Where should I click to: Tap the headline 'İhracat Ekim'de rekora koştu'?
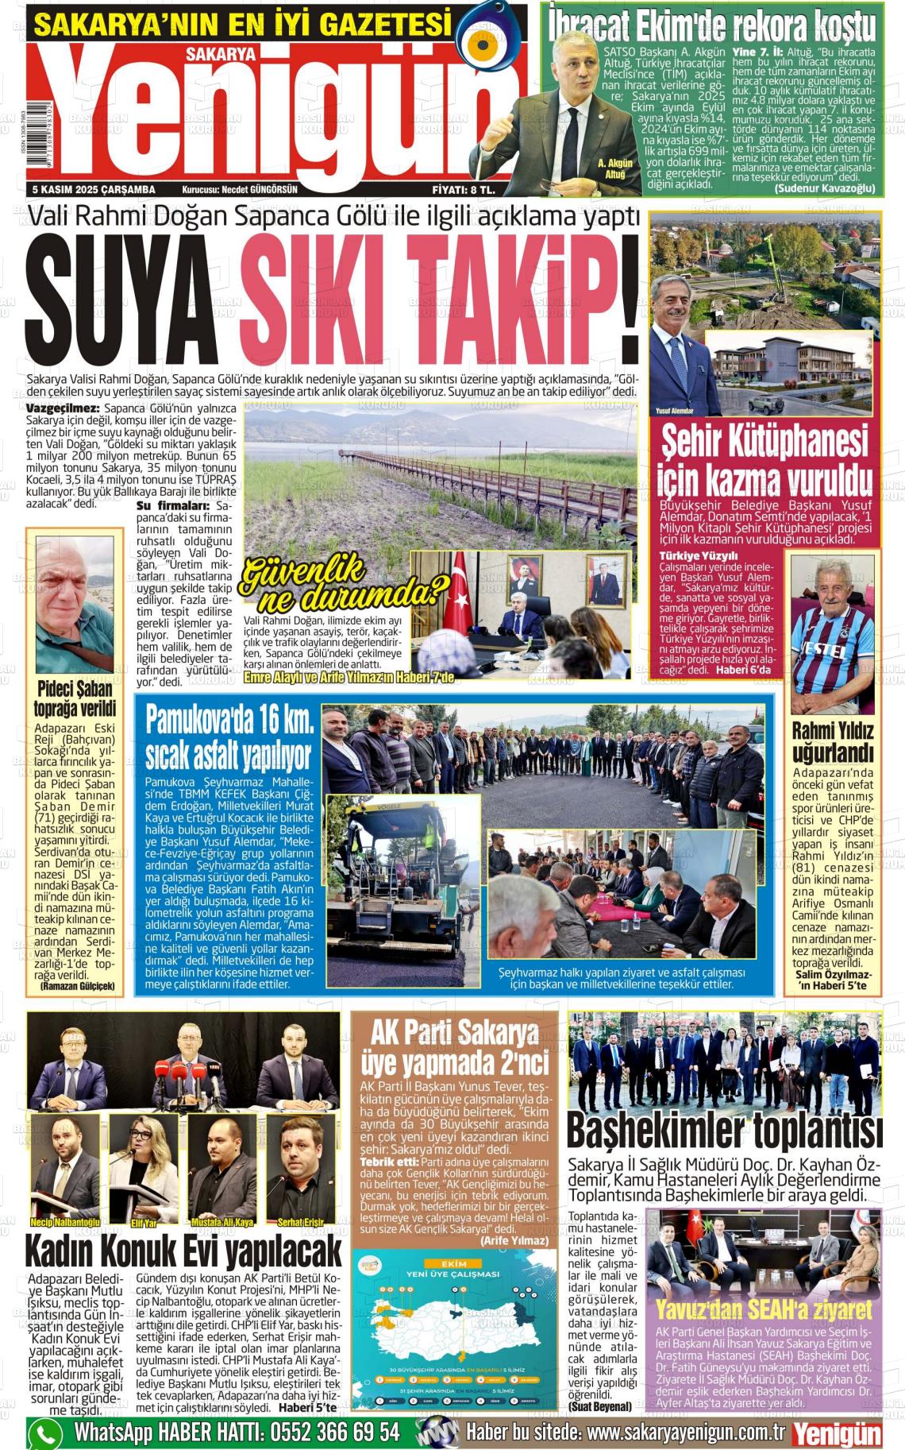click(x=712, y=25)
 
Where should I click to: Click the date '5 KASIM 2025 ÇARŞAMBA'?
click(x=94, y=190)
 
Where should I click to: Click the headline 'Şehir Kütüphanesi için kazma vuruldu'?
click(x=765, y=462)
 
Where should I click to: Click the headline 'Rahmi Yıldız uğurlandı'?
click(x=833, y=741)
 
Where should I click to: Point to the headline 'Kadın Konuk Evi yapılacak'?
click(x=183, y=1252)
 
